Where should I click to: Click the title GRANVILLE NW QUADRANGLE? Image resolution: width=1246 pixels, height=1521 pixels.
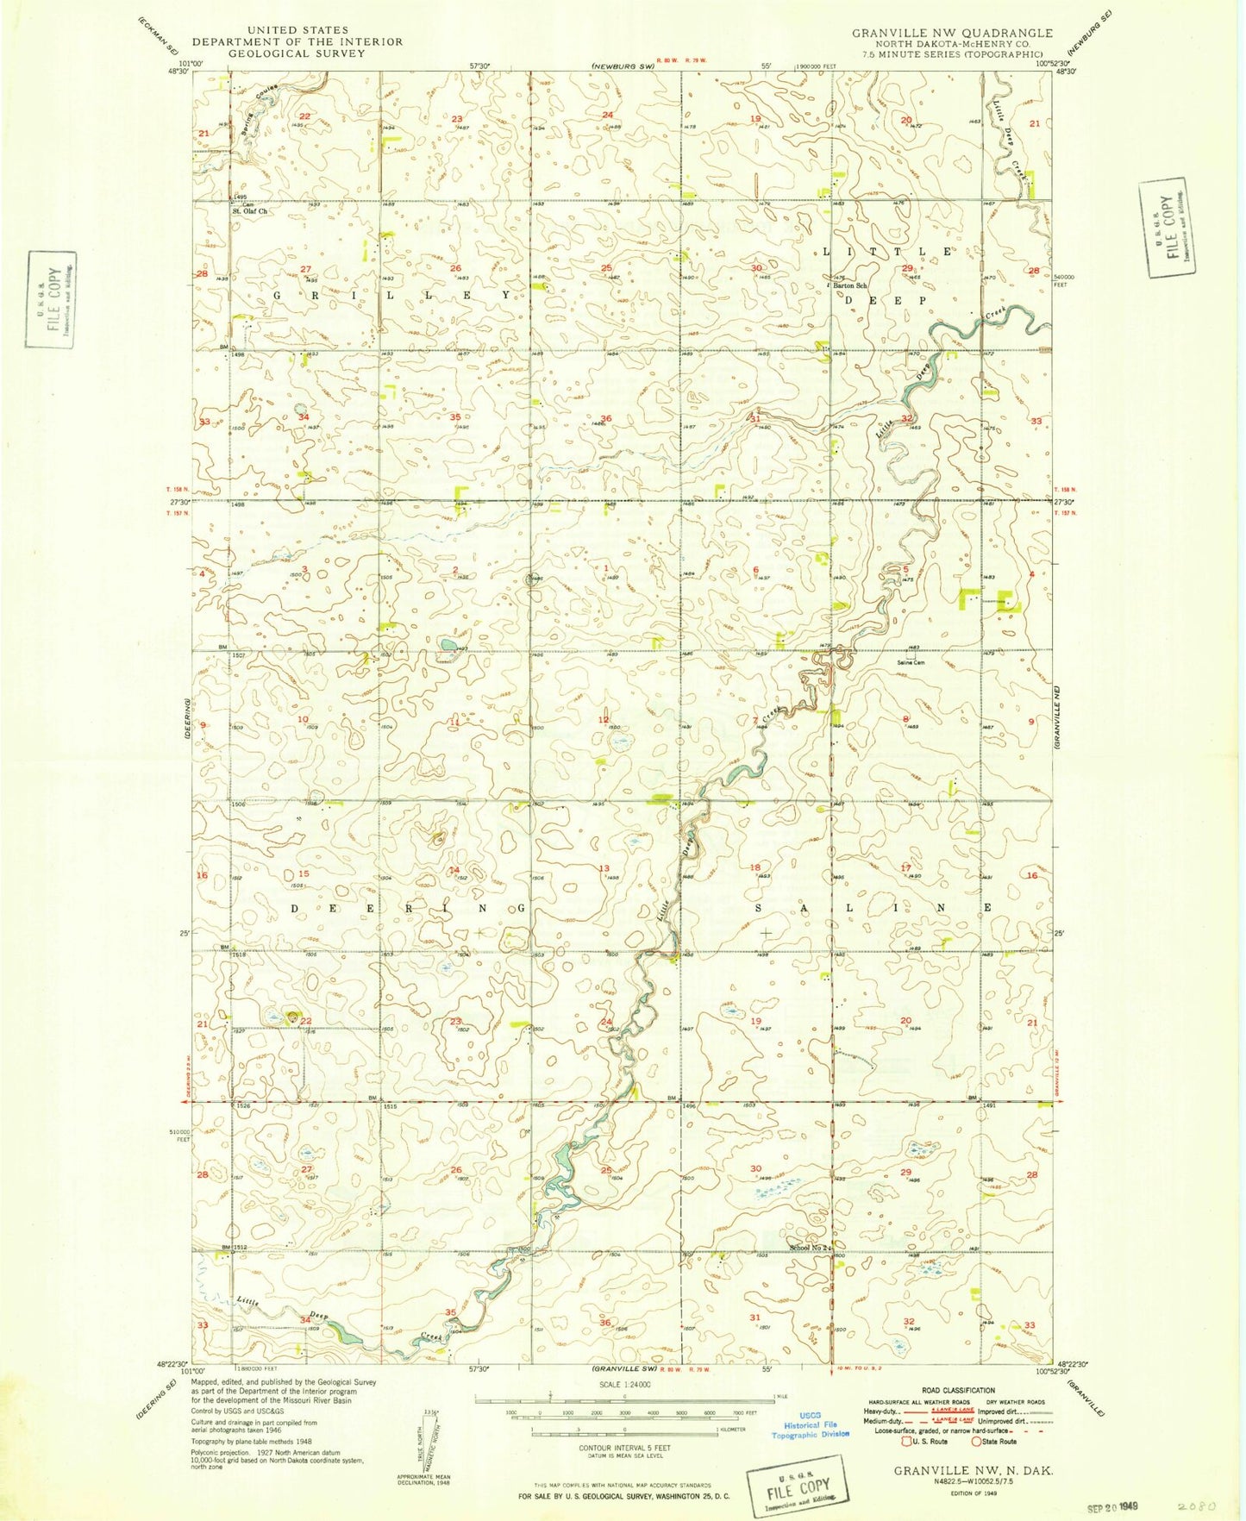(952, 33)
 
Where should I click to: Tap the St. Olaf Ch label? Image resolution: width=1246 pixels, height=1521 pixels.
(249, 210)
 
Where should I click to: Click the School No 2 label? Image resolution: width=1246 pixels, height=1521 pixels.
(810, 1248)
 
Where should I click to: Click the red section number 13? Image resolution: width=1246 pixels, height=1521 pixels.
(604, 868)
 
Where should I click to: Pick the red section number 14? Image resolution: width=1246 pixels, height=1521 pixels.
(454, 870)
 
